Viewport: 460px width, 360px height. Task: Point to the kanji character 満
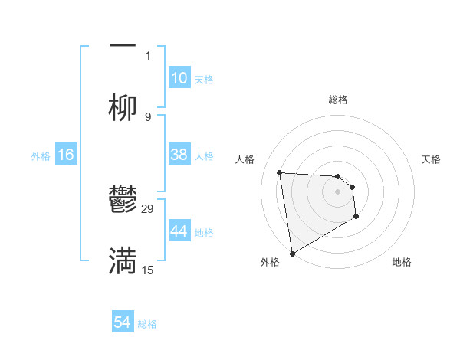(123, 261)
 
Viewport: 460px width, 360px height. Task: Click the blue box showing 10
(179, 78)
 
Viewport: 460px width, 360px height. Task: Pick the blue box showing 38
(179, 155)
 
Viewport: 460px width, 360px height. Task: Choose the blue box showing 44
(179, 231)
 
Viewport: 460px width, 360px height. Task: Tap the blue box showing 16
(66, 155)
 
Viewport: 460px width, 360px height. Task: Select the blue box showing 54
(123, 323)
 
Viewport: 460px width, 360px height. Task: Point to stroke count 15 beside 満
(148, 270)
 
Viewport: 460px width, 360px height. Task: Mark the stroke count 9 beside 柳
(148, 117)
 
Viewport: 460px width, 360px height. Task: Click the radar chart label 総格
(338, 100)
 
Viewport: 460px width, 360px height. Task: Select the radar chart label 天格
(431, 159)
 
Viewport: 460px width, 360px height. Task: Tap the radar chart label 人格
(245, 159)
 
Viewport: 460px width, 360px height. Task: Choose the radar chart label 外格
(270, 263)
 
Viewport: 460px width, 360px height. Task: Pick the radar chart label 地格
(402, 263)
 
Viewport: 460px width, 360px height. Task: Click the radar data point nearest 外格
(292, 253)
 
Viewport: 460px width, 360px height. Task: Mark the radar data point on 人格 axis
(280, 172)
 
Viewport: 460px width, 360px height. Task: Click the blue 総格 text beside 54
(147, 324)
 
